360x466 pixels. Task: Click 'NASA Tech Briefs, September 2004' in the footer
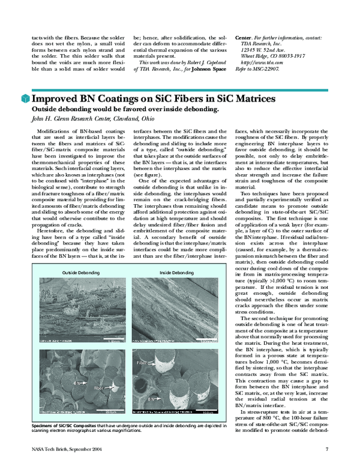click(x=59, y=449)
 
